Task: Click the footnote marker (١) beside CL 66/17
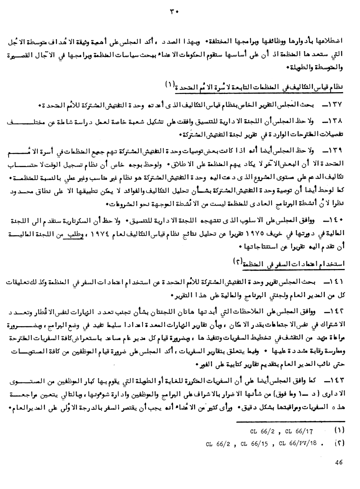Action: point(339,430)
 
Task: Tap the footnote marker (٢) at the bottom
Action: point(339,443)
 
